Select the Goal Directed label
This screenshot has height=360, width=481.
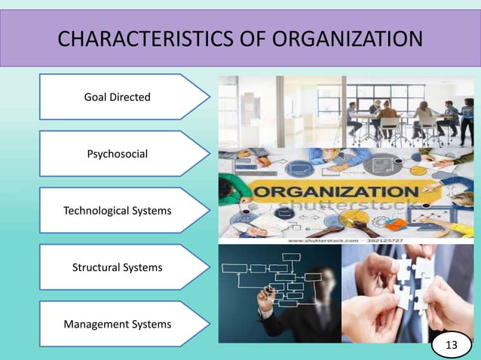(x=118, y=97)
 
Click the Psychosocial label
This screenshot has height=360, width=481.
(x=118, y=154)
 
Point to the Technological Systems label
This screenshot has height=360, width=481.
(x=117, y=210)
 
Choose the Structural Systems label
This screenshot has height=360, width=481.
(x=117, y=267)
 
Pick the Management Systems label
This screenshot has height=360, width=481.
(x=117, y=324)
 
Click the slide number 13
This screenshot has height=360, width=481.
(x=452, y=345)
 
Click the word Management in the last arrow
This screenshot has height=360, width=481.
(x=96, y=324)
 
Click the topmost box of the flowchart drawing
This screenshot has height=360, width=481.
(x=291, y=258)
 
